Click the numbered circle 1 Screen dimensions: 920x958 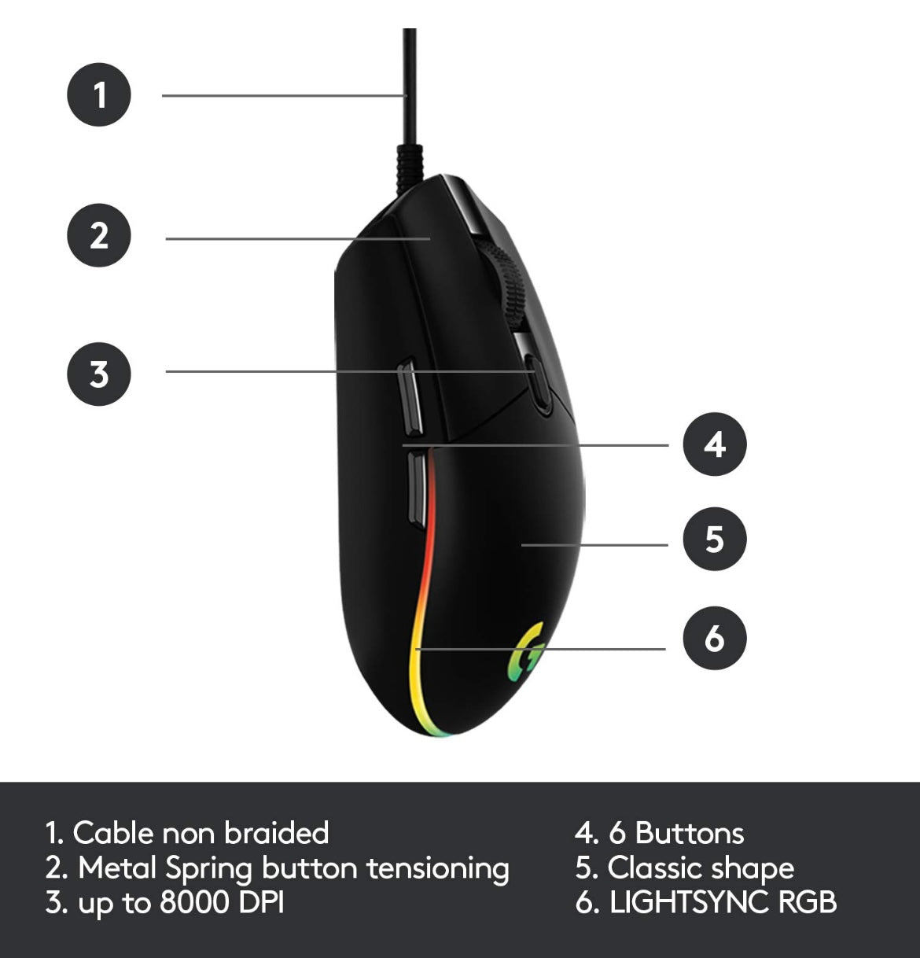point(99,94)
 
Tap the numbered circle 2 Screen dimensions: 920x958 point(99,235)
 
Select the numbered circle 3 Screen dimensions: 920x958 point(99,374)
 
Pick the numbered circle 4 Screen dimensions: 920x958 point(714,444)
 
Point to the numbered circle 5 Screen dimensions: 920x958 point(714,539)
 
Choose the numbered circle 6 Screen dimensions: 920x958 point(714,638)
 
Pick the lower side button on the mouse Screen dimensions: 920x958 point(417,490)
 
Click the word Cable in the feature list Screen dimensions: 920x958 point(112,832)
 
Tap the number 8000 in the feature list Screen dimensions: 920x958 point(194,902)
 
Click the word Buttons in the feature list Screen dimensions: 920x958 point(689,832)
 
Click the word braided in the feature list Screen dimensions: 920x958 point(276,832)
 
